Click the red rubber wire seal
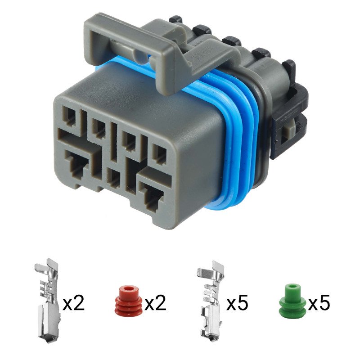pyautogui.click(x=128, y=301)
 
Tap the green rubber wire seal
pyautogui.click(x=292, y=301)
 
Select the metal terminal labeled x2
pyautogui.click(x=48, y=301)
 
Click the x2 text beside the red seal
pyautogui.click(x=155, y=303)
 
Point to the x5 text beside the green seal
pyautogui.click(x=319, y=303)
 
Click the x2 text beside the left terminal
pyautogui.click(x=73, y=303)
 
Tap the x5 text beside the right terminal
pyautogui.click(x=237, y=303)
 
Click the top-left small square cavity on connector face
pyautogui.click(x=70, y=118)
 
